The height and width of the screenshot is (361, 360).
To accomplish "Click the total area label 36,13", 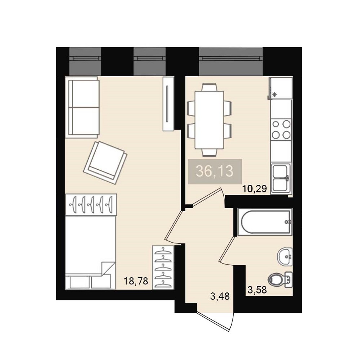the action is coord(215,171).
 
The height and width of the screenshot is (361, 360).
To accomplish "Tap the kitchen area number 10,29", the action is coord(254,189).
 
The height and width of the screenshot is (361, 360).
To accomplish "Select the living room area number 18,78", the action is coord(136,281).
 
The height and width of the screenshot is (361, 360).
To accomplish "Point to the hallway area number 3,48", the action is coord(220,296).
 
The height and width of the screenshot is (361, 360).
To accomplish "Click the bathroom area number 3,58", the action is coord(257,290).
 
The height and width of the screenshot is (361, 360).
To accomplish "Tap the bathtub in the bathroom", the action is coord(265,222).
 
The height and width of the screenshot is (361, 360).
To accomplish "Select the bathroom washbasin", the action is coord(285,257).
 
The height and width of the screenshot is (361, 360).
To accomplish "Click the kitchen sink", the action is coord(281,178).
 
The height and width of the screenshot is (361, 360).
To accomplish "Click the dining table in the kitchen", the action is coord(209,120).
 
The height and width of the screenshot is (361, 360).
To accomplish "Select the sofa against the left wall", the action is coord(82,107).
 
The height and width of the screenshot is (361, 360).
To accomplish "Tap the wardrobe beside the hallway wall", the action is coord(163,267).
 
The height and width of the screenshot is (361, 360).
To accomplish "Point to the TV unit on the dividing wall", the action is coord(168,104).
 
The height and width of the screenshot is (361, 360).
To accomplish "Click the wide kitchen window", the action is coord(231,61).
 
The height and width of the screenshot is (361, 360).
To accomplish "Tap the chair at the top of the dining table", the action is coord(209,87).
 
